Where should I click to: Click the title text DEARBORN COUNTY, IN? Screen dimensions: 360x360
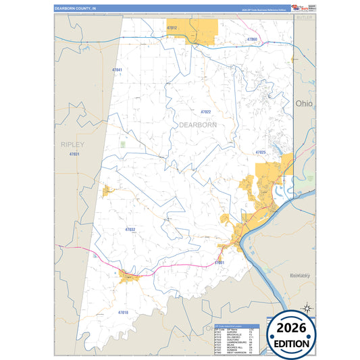76,7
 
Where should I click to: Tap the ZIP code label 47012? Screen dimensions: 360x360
172,28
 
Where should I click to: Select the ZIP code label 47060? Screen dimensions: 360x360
251,39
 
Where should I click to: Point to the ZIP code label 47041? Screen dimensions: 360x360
118,70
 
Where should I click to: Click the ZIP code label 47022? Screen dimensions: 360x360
206,111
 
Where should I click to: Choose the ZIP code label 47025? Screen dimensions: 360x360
261,153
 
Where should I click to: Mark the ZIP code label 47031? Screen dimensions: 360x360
74,155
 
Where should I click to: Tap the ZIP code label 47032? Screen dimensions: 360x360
130,230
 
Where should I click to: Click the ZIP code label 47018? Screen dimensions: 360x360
123,312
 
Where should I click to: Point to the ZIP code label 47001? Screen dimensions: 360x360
219,262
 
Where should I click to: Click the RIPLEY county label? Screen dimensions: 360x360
73,145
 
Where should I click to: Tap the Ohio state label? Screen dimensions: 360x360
304,103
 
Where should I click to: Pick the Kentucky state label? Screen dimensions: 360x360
299,276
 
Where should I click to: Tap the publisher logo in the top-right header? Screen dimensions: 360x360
299,7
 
